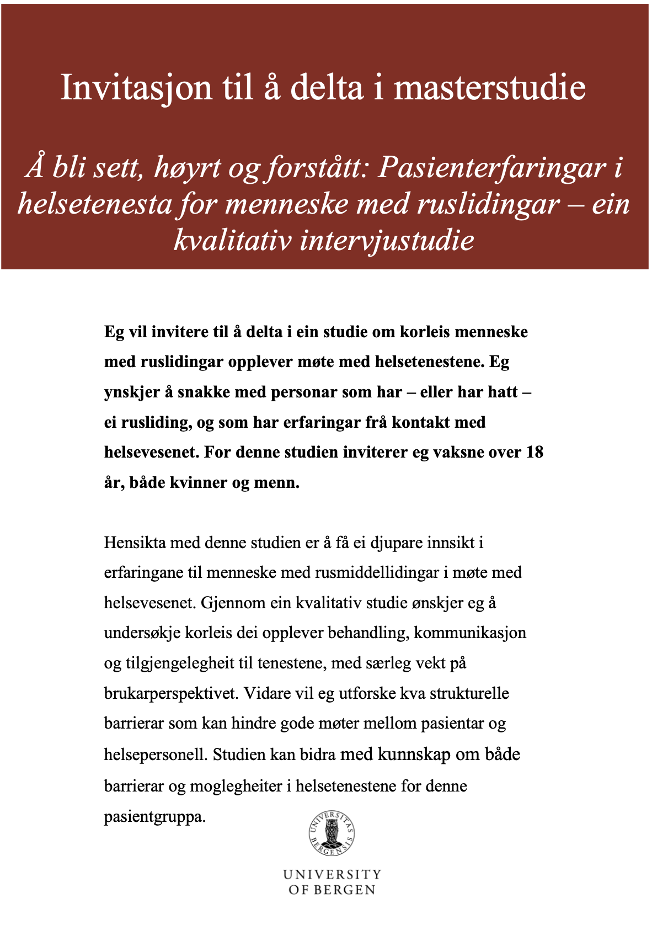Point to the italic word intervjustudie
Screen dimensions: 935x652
386,241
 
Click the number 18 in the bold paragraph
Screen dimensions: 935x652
535,452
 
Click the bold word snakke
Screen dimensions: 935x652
204,392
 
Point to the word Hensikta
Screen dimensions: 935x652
135,543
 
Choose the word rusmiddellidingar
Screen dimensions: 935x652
377,572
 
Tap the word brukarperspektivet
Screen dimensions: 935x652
170,693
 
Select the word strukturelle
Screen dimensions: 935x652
469,693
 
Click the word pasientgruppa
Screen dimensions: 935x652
154,816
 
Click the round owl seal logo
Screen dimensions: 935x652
332,833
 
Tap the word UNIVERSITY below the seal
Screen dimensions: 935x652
332,874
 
